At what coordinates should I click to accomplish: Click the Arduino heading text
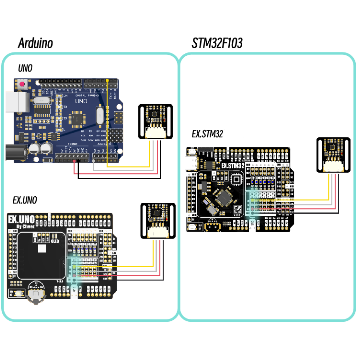[35, 43]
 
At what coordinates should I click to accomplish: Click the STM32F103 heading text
[217, 43]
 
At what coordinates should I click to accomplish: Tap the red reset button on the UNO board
[23, 86]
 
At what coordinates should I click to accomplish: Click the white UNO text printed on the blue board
[81, 101]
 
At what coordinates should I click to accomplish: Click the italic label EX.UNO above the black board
[25, 201]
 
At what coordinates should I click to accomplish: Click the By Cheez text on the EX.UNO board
[26, 226]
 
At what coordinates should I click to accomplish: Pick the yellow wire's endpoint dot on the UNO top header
[107, 80]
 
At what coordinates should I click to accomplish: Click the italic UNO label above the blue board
[25, 68]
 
